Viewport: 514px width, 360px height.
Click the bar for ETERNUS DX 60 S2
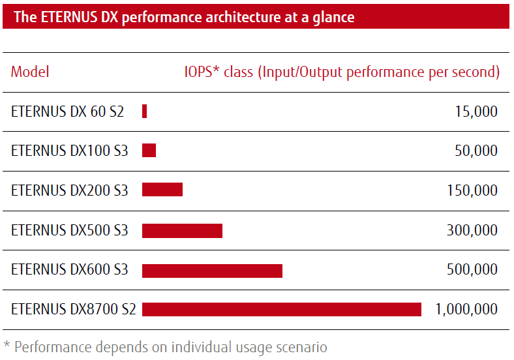(x=144, y=112)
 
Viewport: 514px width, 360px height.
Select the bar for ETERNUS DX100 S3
(x=149, y=151)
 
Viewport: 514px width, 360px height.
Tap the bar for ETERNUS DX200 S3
(x=162, y=190)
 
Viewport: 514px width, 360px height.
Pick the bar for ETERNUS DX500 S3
(x=182, y=230)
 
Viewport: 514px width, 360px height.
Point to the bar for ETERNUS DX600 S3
(x=212, y=270)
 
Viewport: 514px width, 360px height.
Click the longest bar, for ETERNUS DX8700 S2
(x=282, y=309)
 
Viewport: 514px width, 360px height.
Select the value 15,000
(x=476, y=112)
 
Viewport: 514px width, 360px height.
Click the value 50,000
(x=476, y=151)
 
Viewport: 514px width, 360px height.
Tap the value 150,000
(x=472, y=190)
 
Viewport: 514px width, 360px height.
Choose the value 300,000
(x=472, y=230)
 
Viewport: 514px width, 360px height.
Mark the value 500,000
(x=472, y=269)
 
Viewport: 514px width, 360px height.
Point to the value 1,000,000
(x=466, y=309)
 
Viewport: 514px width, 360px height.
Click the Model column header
(x=30, y=72)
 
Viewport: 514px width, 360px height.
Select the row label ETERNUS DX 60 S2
(x=67, y=112)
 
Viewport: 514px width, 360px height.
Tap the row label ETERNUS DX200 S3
(x=70, y=190)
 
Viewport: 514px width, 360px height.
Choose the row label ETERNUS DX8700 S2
(x=74, y=309)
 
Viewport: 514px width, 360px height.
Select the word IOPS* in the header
(x=202, y=72)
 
